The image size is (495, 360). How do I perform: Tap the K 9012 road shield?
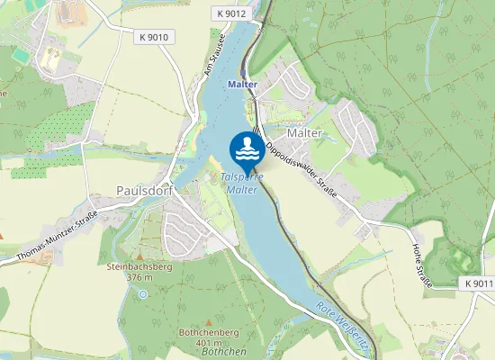[x=231, y=13]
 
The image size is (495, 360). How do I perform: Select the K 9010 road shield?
[x=155, y=37]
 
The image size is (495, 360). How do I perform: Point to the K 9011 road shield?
[x=480, y=283]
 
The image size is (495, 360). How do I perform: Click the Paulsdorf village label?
[x=144, y=191]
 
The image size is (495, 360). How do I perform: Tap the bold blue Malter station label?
[x=243, y=85]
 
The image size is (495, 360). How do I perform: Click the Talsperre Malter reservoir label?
[x=241, y=184]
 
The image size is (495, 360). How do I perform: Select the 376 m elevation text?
[x=139, y=278]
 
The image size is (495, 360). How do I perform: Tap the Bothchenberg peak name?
[x=208, y=333]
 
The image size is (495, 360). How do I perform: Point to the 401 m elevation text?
[x=208, y=343]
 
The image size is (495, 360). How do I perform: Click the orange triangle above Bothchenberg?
[x=209, y=322]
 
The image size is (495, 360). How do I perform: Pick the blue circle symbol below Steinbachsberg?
[x=142, y=293]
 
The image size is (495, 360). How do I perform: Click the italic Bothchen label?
[x=221, y=353]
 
